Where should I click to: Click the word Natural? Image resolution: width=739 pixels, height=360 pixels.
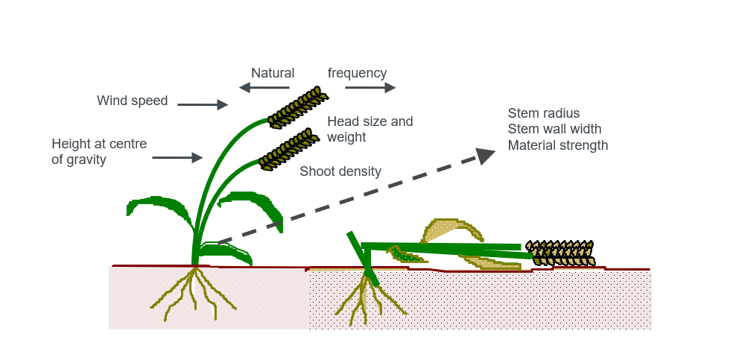pyautogui.click(x=273, y=73)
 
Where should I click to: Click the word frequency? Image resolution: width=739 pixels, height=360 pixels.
pyautogui.click(x=357, y=73)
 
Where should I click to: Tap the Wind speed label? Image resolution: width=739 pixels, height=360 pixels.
pyautogui.click(x=132, y=101)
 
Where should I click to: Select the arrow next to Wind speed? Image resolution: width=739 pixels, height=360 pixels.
pyautogui.click(x=202, y=105)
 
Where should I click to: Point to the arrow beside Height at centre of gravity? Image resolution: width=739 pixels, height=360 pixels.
pyautogui.click(x=177, y=157)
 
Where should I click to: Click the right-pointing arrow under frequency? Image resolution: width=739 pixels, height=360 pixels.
pyautogui.click(x=370, y=88)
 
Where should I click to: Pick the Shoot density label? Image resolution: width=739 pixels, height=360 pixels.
pyautogui.click(x=340, y=171)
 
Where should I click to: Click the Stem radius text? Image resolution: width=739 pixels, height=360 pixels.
pyautogui.click(x=544, y=113)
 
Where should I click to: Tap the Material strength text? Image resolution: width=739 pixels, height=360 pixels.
pyautogui.click(x=558, y=145)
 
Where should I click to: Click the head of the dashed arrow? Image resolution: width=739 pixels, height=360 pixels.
pyautogui.click(x=486, y=155)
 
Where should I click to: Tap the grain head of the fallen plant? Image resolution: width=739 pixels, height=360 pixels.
pyautogui.click(x=559, y=253)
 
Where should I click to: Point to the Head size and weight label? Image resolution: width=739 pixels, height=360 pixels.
pyautogui.click(x=369, y=129)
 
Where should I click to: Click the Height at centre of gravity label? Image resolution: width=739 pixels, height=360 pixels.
pyautogui.click(x=99, y=151)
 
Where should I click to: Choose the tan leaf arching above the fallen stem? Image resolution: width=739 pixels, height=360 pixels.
pyautogui.click(x=451, y=227)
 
